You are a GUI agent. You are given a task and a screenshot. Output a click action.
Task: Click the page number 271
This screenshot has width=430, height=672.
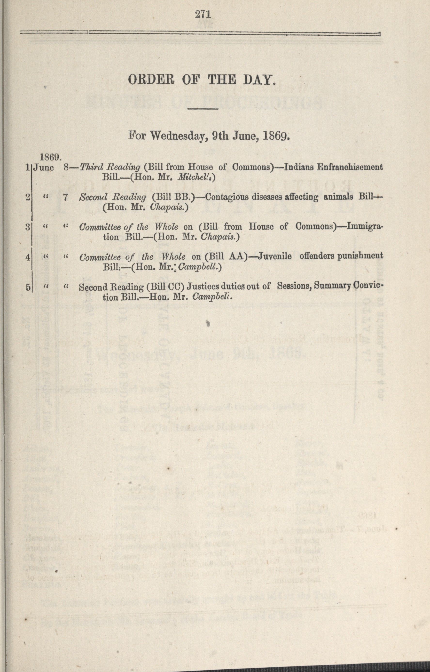coord(203,14)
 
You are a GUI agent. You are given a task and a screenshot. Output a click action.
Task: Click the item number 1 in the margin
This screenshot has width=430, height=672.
coord(28,167)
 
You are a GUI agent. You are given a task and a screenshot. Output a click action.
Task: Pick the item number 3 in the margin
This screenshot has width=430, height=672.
coord(28,227)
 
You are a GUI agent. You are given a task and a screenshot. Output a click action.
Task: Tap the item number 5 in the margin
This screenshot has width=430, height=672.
coord(28,287)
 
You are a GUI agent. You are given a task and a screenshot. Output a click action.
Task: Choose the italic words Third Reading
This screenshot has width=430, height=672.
coord(110,167)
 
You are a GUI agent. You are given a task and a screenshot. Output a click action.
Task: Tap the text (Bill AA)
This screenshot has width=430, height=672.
coord(227,256)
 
